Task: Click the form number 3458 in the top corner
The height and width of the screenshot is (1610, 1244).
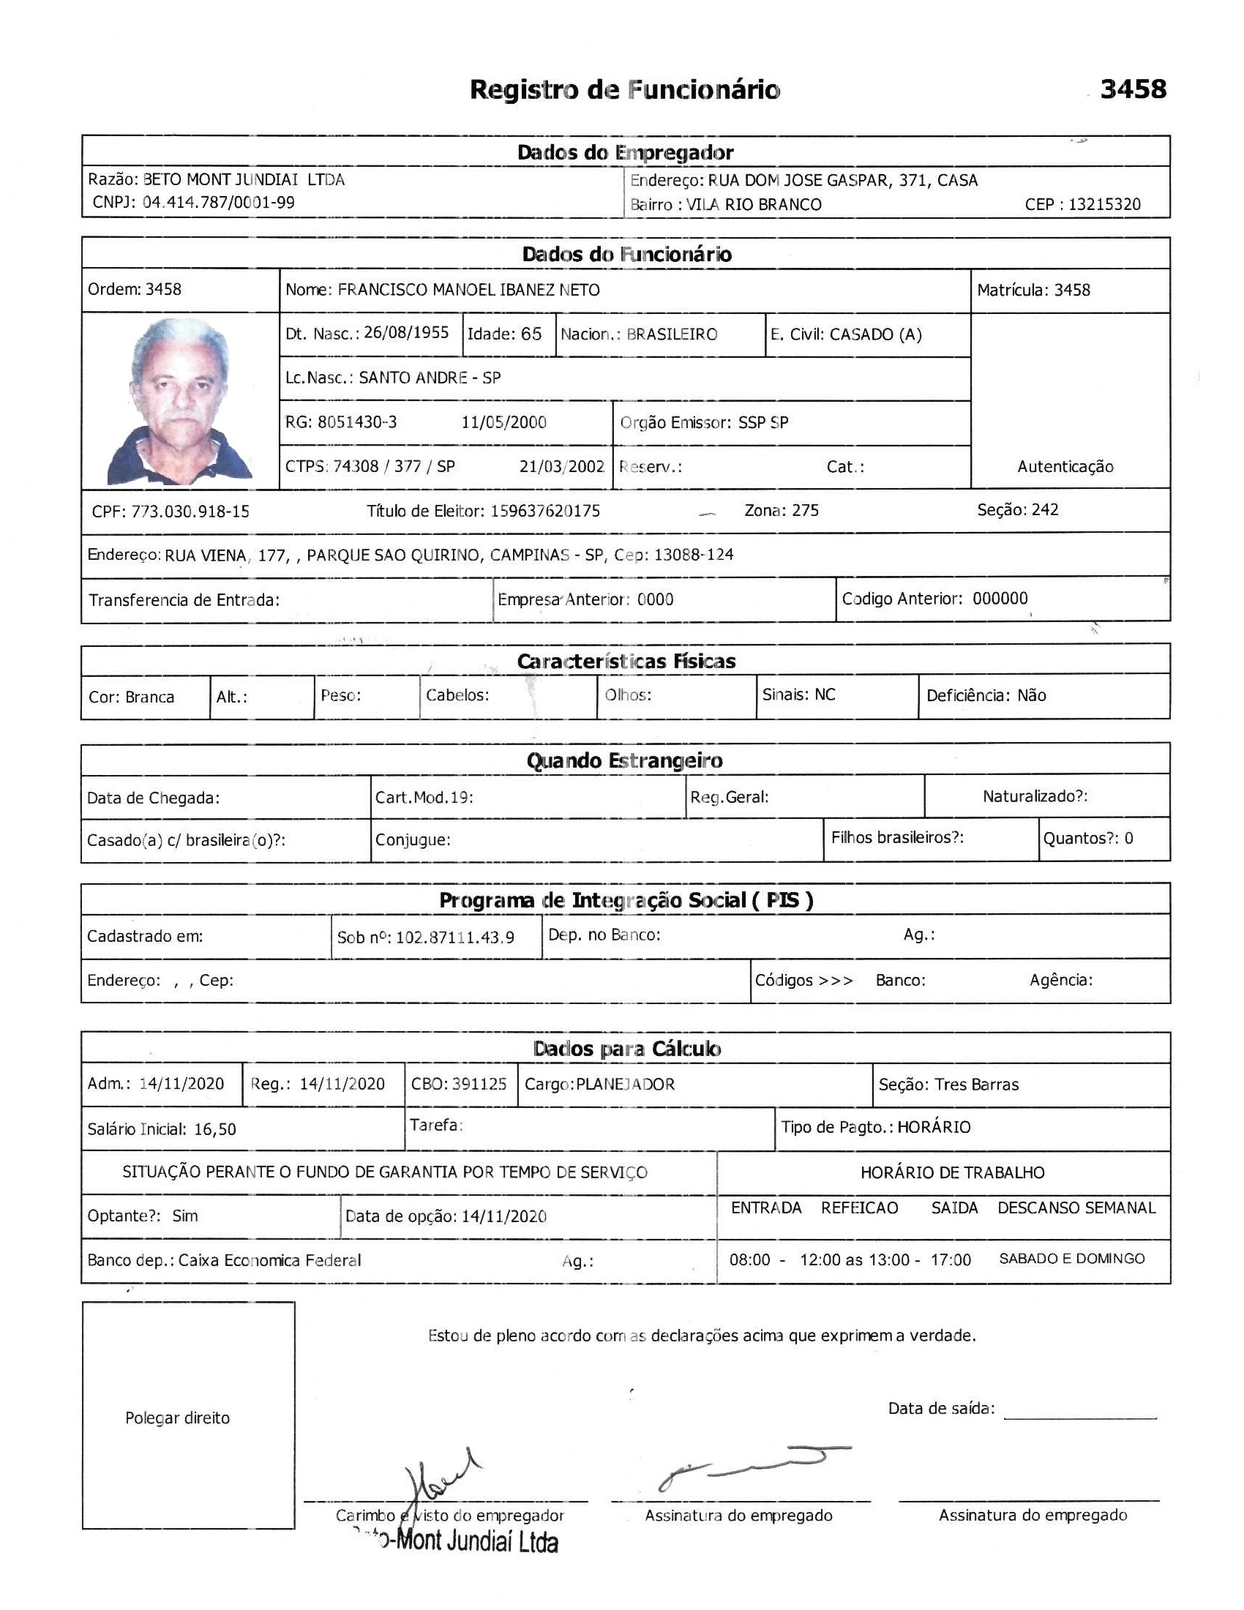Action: click(1133, 89)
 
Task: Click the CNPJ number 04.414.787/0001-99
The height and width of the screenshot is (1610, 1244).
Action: click(218, 202)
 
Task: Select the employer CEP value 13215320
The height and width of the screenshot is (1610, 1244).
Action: click(1104, 204)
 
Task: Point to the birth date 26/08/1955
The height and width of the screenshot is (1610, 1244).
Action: click(406, 332)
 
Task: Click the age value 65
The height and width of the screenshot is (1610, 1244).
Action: click(531, 334)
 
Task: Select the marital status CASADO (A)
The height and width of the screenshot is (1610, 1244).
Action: click(875, 334)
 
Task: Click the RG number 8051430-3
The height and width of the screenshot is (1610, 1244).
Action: click(357, 422)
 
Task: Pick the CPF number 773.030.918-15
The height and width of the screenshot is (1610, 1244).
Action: click(190, 511)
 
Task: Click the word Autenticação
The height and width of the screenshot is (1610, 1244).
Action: click(1065, 466)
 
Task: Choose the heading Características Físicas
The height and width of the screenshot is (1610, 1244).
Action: click(626, 662)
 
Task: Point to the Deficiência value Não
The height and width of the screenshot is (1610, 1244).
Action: click(1031, 695)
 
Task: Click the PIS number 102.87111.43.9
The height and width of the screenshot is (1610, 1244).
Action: click(454, 937)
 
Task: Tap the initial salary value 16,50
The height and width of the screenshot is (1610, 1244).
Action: click(215, 1129)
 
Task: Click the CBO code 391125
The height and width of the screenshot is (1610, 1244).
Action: click(479, 1085)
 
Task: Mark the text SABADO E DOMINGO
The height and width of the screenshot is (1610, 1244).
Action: click(1071, 1259)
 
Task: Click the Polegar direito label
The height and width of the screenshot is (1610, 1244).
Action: click(178, 1418)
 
